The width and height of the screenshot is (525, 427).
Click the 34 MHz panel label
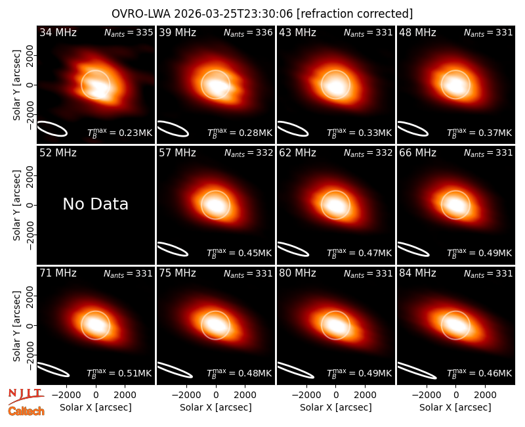[58, 32]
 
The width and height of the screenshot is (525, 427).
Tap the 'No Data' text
[95, 204]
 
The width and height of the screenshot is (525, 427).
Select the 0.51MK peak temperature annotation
[119, 373]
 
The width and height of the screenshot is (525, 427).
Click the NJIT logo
[26, 395]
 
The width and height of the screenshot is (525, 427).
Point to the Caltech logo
[26, 411]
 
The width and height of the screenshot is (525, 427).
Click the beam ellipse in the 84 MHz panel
[417, 371]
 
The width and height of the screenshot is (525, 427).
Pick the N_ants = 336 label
[248, 32]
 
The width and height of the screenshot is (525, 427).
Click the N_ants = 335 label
[129, 32]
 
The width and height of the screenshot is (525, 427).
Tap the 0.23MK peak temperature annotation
[119, 133]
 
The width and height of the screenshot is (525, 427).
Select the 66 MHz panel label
[417, 153]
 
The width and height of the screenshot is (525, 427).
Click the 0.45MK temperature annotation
[239, 253]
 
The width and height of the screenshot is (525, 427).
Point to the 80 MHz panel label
[297, 273]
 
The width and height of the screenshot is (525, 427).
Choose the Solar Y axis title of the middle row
[16, 205]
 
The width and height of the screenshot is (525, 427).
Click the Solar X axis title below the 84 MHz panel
[455, 407]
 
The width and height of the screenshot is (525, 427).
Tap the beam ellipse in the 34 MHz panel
[52, 129]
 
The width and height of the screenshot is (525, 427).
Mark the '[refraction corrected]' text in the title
[354, 14]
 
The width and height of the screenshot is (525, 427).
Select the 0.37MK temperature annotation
[480, 133]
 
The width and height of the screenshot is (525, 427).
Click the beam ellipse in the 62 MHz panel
[293, 249]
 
